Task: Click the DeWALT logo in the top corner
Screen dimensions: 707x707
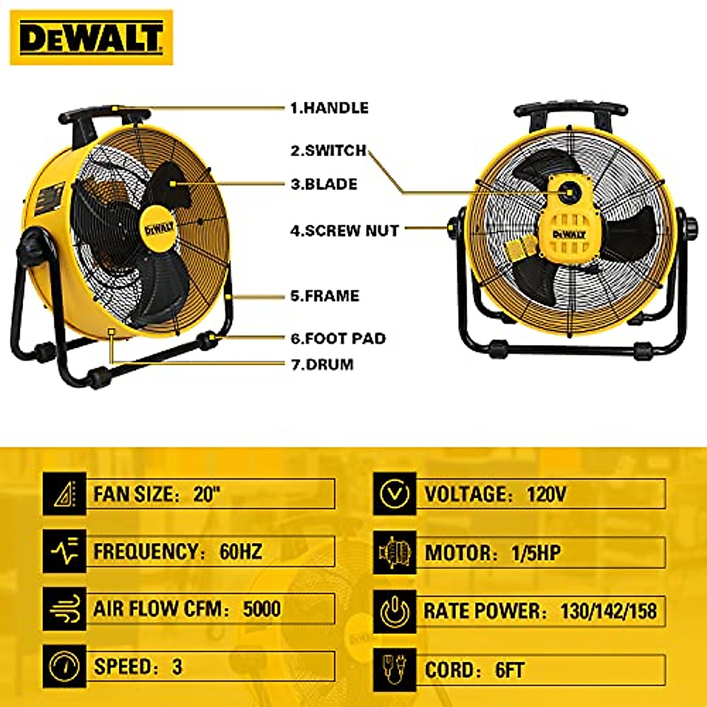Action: tap(91, 38)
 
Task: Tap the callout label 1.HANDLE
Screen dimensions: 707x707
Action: tap(329, 108)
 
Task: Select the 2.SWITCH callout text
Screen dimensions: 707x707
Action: tap(328, 150)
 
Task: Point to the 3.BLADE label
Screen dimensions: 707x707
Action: tap(324, 184)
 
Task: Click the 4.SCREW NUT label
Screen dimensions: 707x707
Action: tap(345, 230)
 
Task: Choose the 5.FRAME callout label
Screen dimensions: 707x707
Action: tap(325, 296)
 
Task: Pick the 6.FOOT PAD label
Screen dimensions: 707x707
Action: tap(338, 338)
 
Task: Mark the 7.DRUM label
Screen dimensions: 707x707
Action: tap(322, 364)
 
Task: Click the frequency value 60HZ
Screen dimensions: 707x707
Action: tap(240, 551)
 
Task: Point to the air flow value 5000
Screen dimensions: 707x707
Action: tap(262, 609)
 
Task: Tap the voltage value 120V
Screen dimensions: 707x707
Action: tap(546, 494)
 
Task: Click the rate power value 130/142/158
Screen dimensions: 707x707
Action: tap(608, 611)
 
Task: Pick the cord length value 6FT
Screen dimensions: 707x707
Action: tap(509, 670)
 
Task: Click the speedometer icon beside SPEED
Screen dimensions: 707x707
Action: tap(64, 666)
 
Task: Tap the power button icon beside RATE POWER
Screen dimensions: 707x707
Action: tap(395, 611)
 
